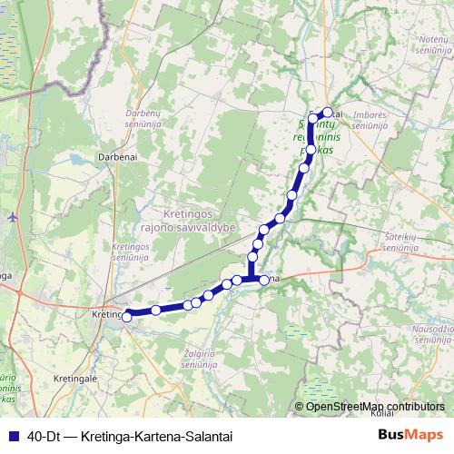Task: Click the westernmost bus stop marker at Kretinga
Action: [128, 315]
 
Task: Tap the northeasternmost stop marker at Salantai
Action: [328, 113]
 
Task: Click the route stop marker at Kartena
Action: [264, 280]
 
